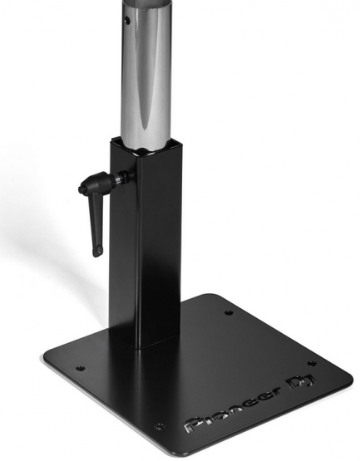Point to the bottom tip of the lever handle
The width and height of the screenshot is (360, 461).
97,255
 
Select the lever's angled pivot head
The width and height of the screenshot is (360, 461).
94,182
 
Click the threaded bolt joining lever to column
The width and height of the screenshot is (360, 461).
121,177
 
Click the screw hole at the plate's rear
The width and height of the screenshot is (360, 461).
229,312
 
